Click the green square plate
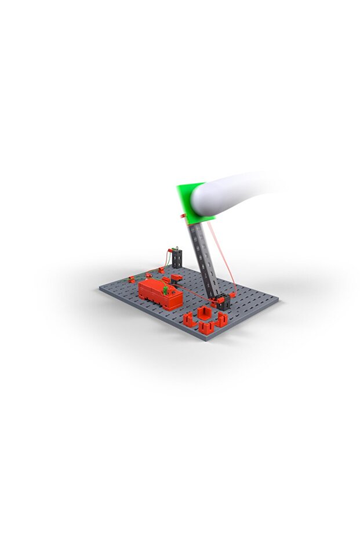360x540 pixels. point(187,200)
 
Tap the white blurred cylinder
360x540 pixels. point(232,191)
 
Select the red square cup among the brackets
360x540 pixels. point(205,314)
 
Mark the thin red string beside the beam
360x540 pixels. point(226,261)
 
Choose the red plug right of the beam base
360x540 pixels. point(231,296)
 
